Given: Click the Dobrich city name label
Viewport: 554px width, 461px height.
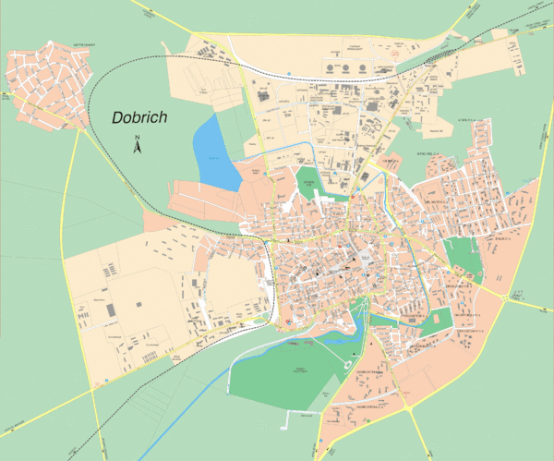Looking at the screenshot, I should point(145,117).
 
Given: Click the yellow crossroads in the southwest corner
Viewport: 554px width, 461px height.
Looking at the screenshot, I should point(93,389).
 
